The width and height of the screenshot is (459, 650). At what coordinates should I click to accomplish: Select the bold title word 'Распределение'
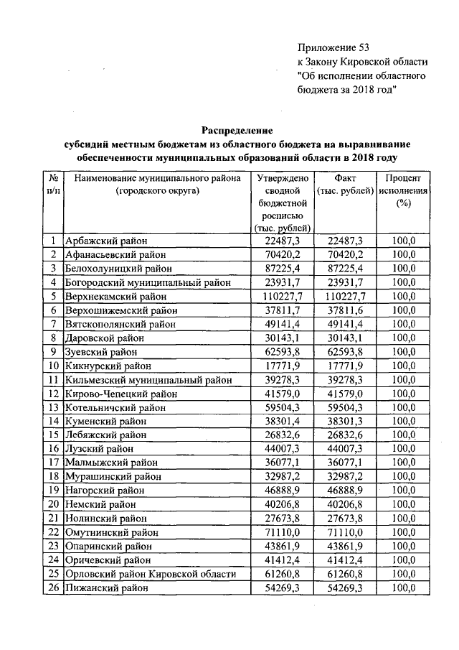click(237, 130)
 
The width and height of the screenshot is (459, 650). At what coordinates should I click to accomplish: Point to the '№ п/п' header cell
click(54, 185)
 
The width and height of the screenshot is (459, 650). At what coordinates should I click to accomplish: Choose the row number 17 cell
click(54, 463)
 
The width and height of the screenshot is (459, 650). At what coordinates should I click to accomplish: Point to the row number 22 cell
click(54, 532)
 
